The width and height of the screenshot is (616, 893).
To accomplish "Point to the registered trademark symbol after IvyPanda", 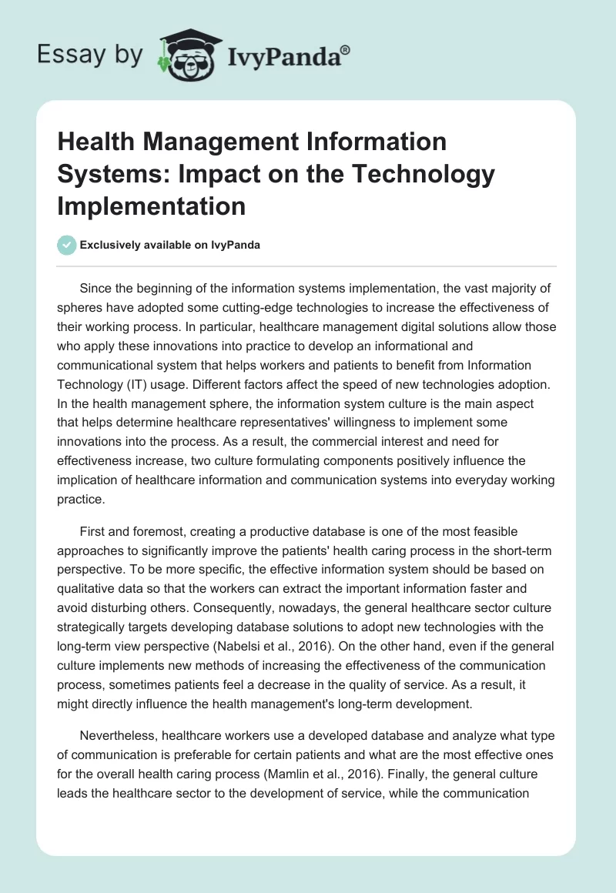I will pyautogui.click(x=345, y=49).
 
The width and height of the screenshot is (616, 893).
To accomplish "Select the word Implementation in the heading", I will pyautogui.click(x=152, y=206).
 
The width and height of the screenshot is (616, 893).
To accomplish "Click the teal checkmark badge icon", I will pyautogui.click(x=66, y=245).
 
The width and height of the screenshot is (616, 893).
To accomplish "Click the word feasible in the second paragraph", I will pyautogui.click(x=492, y=531).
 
